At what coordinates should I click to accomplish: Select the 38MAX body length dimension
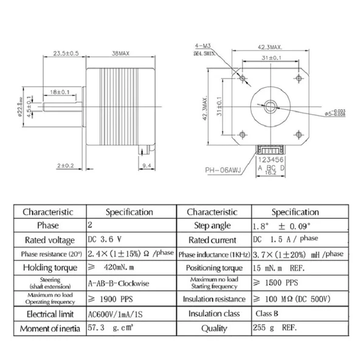pos(118,52)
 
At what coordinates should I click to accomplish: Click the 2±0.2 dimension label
pos(65,165)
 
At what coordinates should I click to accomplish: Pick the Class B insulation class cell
pos(267,314)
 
